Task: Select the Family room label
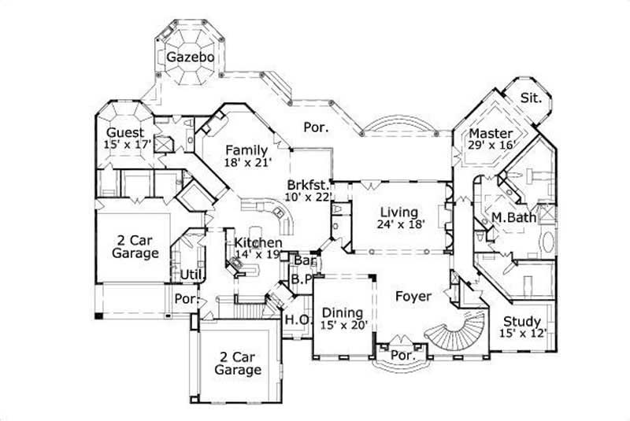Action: point(246,150)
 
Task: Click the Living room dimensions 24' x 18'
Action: point(402,224)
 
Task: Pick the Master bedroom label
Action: point(491,133)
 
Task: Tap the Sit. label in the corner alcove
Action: point(530,98)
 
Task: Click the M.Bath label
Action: point(510,216)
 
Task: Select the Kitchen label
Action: point(256,242)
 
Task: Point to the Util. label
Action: point(191,274)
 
